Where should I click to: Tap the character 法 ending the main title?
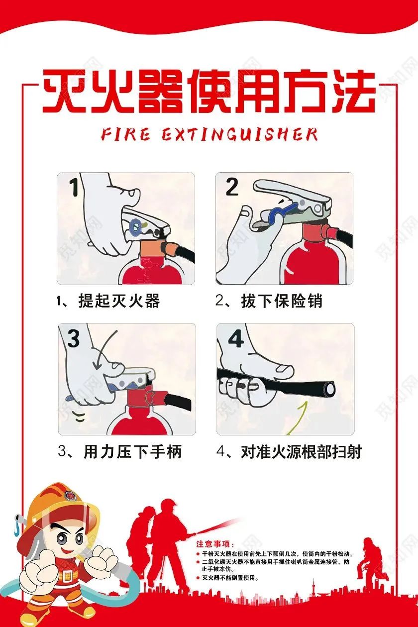(x=351, y=93)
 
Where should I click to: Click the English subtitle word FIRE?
(x=125, y=134)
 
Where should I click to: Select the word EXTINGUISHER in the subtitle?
(x=239, y=134)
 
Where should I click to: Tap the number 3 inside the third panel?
(x=74, y=339)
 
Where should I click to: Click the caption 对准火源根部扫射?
(x=301, y=452)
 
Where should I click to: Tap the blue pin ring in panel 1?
(x=134, y=226)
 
